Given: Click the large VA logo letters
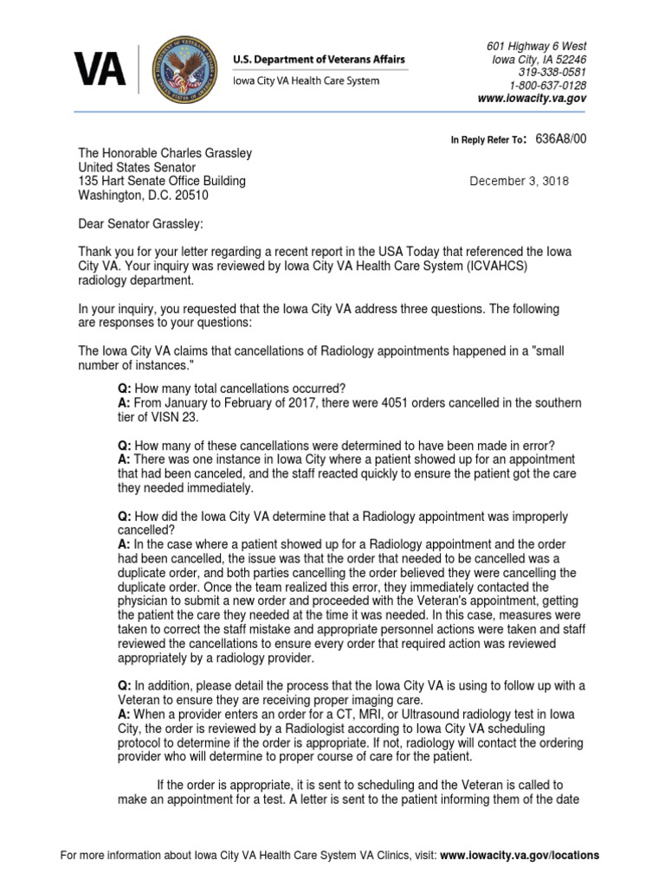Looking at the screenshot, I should click(99, 69).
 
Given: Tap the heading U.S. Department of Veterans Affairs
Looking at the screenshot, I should click(318, 59).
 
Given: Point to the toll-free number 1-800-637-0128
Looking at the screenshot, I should click(547, 86).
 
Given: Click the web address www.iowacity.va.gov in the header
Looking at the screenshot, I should click(532, 99).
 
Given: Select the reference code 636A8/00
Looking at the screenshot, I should click(561, 138).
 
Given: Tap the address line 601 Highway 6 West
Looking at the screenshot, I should click(536, 46).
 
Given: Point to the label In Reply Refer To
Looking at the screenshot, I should click(487, 139).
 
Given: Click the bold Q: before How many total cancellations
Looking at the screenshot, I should click(125, 388).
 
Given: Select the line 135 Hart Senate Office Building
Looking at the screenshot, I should click(162, 181).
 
